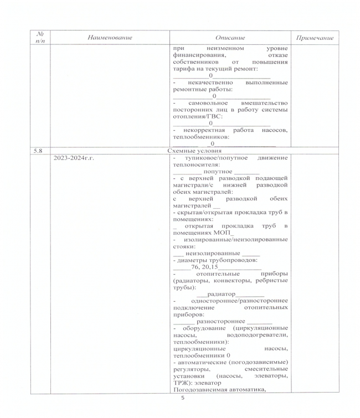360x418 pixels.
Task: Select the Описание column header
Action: [231, 37]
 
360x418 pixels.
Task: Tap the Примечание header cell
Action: [315, 37]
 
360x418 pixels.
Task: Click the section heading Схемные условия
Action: [194, 150]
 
